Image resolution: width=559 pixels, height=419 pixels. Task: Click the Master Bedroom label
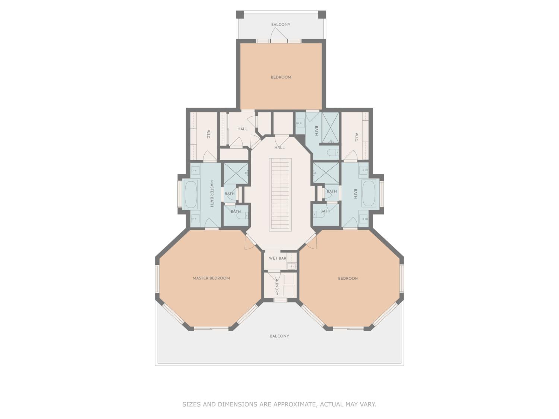[x=211, y=278]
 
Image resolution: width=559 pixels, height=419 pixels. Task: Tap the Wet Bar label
[x=277, y=258]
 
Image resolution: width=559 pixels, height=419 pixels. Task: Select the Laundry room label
[x=277, y=286]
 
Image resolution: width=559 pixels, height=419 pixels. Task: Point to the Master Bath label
[x=212, y=193]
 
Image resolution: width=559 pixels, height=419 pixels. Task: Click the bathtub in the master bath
[x=191, y=194]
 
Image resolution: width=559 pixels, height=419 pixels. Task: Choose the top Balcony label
[x=280, y=25]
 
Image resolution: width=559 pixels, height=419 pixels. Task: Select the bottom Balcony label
[x=279, y=336]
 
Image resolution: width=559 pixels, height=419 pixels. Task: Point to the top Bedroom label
[x=281, y=77]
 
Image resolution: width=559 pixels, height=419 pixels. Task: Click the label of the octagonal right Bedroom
[x=348, y=278]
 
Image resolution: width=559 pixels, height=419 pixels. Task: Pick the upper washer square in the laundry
[x=289, y=279]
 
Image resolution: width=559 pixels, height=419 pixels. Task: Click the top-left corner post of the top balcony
[x=240, y=14]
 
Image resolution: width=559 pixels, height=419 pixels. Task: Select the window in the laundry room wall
[x=280, y=300]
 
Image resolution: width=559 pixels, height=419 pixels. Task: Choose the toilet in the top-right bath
[x=333, y=153]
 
